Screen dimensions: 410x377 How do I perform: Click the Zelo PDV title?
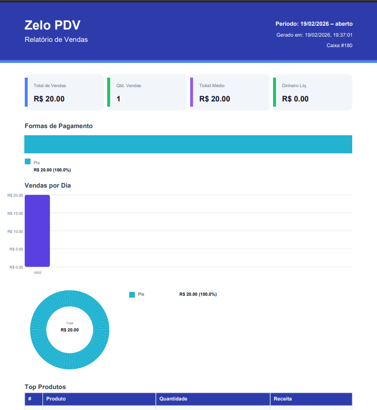(52, 25)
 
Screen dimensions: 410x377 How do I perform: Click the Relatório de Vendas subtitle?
(56, 40)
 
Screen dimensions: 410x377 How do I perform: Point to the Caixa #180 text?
(339, 46)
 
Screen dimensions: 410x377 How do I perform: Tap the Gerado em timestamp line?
(314, 35)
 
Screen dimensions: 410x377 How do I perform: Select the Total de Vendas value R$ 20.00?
(49, 99)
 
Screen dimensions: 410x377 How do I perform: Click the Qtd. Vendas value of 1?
(119, 99)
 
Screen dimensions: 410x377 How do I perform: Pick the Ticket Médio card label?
(212, 86)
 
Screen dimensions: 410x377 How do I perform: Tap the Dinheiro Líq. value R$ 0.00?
(295, 99)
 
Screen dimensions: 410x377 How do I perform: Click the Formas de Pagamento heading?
(59, 126)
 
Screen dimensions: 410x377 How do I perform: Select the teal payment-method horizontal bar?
(188, 144)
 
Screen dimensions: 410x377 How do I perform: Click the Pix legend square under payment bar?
(28, 162)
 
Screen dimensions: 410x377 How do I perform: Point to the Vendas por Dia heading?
(48, 185)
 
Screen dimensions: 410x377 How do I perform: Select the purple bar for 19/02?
(37, 231)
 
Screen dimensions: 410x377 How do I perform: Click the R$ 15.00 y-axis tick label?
(15, 213)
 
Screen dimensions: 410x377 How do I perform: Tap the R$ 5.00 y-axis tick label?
(16, 249)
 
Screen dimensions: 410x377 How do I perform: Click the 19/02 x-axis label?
(37, 272)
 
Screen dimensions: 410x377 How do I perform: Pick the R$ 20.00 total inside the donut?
(70, 330)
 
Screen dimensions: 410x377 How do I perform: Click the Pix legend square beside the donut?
(132, 295)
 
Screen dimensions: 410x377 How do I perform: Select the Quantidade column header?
(173, 399)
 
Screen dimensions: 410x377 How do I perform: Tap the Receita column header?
(283, 399)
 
